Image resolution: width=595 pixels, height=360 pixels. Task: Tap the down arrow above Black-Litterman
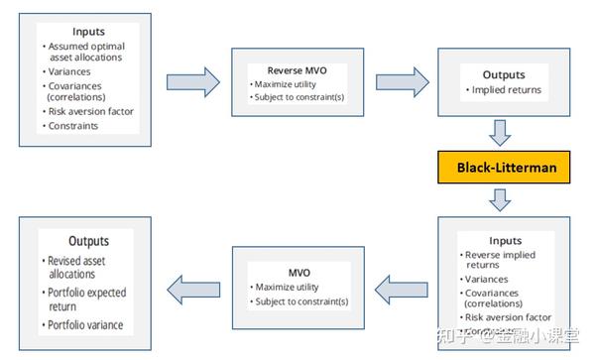click(502, 132)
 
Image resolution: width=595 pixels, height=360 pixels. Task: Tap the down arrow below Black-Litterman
click(502, 201)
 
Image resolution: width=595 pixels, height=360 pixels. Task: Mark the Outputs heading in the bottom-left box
click(88, 241)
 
